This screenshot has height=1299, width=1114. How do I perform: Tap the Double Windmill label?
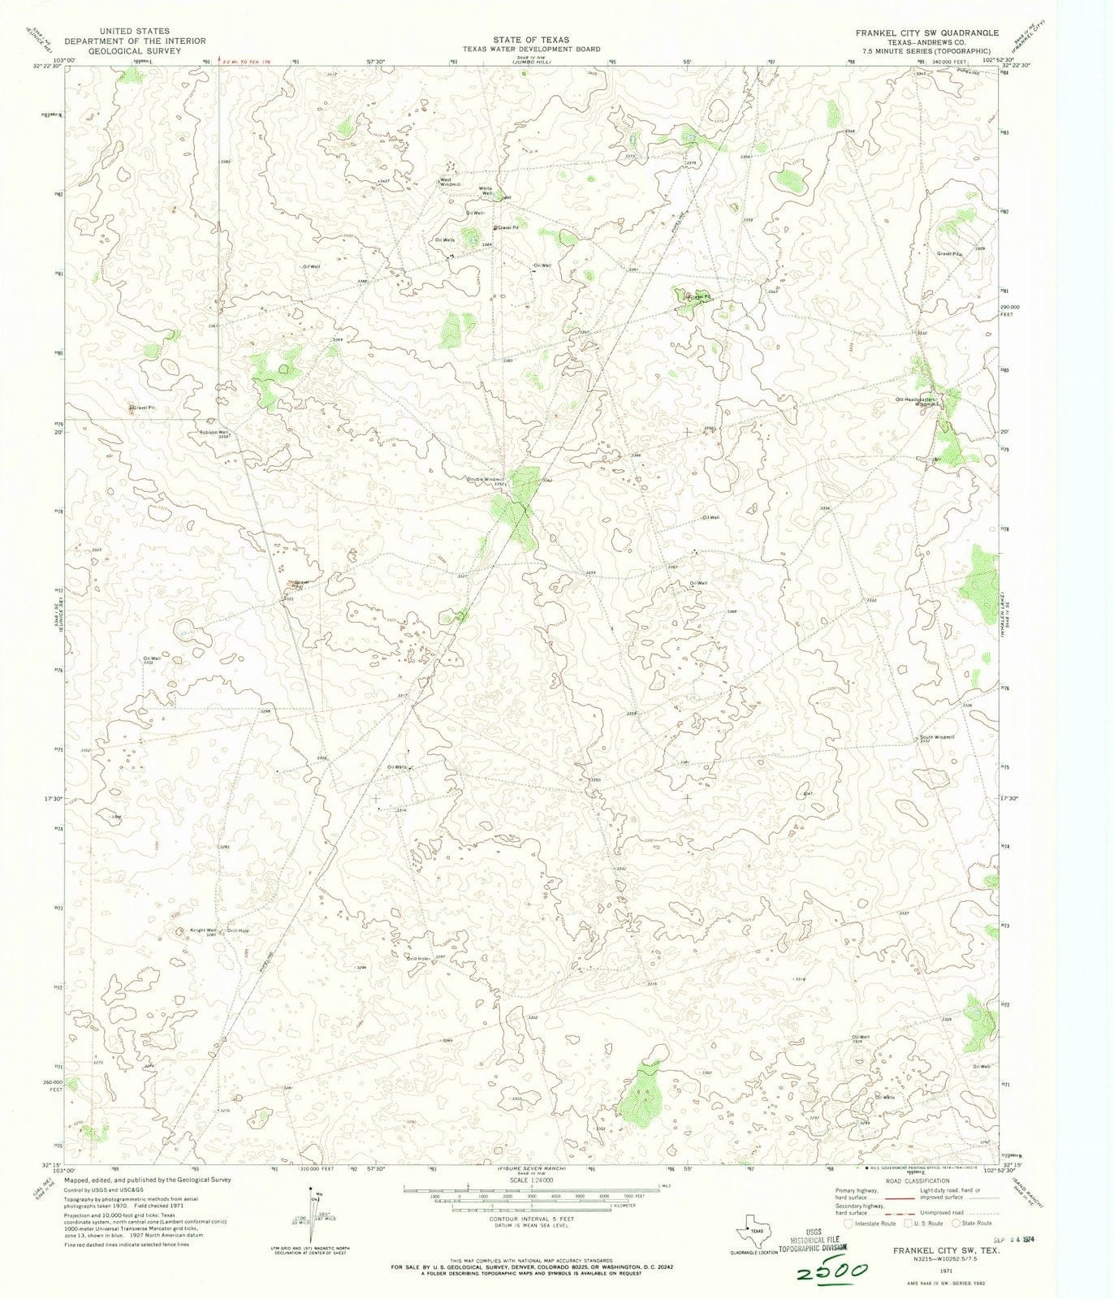(486, 479)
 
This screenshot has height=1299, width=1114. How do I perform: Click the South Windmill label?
(937, 737)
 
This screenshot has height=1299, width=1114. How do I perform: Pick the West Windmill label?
(450, 183)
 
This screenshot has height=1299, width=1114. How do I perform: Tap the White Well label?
(486, 191)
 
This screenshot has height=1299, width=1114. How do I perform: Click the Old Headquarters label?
(916, 399)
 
